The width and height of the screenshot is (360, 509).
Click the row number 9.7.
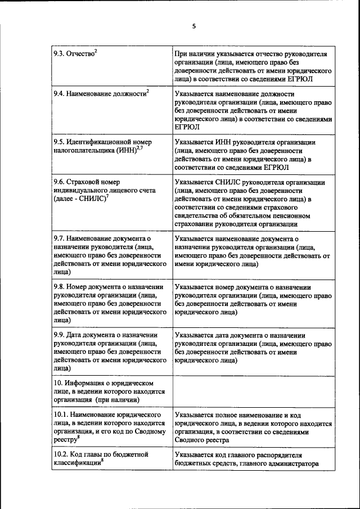60,240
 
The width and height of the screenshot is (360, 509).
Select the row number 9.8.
60,287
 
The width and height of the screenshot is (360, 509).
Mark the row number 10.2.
62,455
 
